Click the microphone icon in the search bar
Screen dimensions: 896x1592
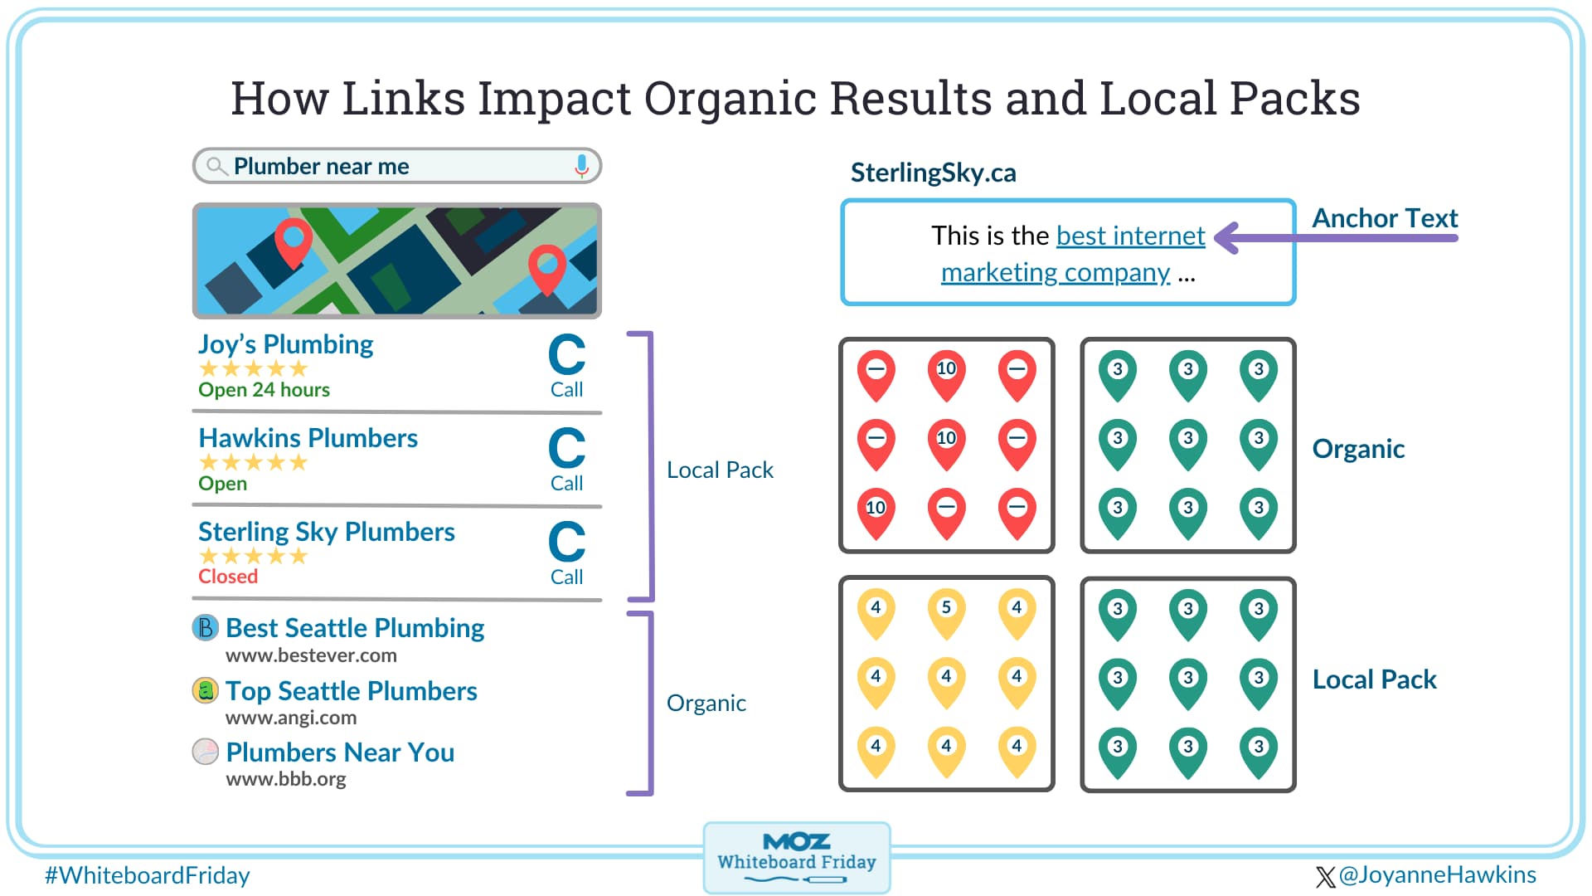pyautogui.click(x=582, y=166)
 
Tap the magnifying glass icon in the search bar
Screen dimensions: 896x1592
pyautogui.click(x=216, y=166)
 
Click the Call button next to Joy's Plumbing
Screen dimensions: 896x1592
pyautogui.click(x=566, y=366)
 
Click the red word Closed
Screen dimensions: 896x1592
pyautogui.click(x=228, y=577)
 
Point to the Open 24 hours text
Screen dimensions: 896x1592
pyautogui.click(x=264, y=390)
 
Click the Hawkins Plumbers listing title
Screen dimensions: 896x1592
pyautogui.click(x=308, y=438)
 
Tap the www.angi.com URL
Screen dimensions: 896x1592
pyautogui.click(x=290, y=718)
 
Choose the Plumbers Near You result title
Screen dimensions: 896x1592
pyautogui.click(x=340, y=752)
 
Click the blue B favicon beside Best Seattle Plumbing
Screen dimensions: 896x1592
pyautogui.click(x=205, y=627)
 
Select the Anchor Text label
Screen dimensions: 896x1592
pyautogui.click(x=1384, y=218)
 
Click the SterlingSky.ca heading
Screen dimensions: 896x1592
pyautogui.click(x=933, y=173)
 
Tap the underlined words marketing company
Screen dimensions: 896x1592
pyautogui.click(x=1055, y=273)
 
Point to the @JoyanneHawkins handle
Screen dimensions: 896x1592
pyautogui.click(x=1436, y=875)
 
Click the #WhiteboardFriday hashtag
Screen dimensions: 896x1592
pyautogui.click(x=147, y=876)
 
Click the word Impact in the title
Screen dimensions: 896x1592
pyautogui.click(x=554, y=98)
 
